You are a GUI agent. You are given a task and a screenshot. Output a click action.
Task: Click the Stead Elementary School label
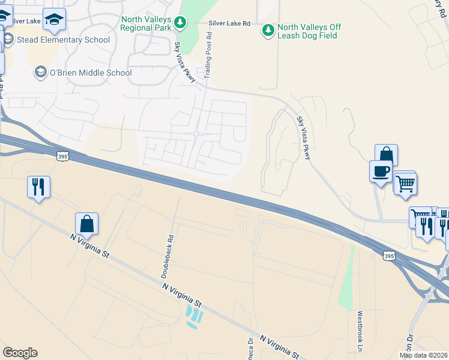tap(64, 40)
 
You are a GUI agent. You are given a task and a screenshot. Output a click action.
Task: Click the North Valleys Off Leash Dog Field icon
tap(268, 29)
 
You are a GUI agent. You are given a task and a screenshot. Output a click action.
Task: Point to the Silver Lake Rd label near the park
tap(229, 23)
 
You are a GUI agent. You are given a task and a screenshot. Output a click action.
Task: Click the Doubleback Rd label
tap(166, 256)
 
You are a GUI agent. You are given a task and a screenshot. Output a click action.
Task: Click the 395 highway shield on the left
tap(62, 157)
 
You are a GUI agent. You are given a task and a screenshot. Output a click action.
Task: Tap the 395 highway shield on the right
tap(389, 256)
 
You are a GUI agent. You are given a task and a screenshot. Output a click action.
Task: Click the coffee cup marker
tap(381, 172)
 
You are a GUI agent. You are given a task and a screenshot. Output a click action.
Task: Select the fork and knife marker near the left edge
tap(38, 187)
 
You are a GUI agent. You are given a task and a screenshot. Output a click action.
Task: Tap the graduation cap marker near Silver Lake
tap(54, 20)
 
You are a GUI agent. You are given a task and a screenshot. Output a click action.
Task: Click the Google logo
tap(20, 353)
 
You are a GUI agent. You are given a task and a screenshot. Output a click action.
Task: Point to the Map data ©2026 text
tap(423, 355)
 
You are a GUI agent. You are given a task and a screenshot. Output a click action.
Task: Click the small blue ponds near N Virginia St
tap(194, 316)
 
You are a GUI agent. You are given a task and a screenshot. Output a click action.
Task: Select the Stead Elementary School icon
tap(8, 40)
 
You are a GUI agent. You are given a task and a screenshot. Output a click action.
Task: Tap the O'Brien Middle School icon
tap(40, 73)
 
